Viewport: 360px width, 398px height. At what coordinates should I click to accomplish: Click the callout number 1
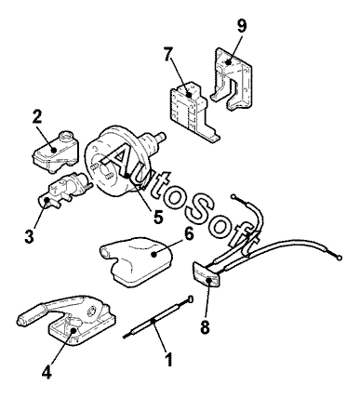168,359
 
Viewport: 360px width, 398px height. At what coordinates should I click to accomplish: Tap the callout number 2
37,117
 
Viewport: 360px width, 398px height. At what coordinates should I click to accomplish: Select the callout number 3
29,236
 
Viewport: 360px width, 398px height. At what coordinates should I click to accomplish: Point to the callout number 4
47,371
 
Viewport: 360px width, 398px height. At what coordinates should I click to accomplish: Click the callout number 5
158,217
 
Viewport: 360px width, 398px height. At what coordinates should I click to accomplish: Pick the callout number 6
189,234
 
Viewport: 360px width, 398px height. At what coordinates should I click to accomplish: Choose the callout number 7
167,55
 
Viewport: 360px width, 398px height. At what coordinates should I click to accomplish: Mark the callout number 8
205,326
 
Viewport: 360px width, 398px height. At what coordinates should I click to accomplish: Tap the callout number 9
242,26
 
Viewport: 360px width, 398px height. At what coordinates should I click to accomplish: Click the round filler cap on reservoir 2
66,136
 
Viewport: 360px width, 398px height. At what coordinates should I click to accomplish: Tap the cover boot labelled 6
136,261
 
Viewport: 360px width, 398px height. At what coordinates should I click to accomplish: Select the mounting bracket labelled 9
232,78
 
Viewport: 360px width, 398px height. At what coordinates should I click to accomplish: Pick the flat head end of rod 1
190,299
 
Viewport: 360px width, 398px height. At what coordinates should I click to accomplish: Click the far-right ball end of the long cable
340,257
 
